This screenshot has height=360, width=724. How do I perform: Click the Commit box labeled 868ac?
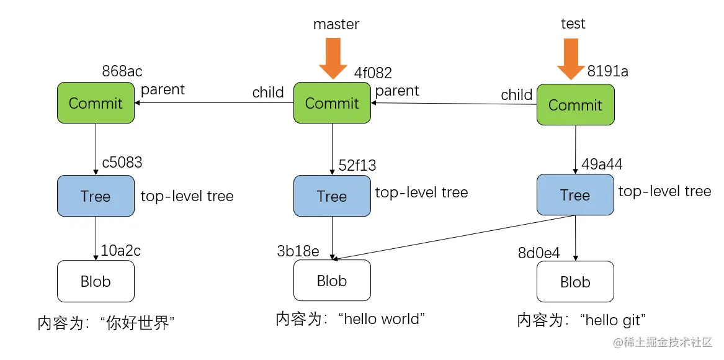[96, 103]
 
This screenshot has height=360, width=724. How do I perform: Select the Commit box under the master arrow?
[332, 103]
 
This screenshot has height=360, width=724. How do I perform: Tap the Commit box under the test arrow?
[575, 105]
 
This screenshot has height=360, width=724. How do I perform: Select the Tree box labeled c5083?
[96, 196]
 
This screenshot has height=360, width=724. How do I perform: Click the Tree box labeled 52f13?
[332, 197]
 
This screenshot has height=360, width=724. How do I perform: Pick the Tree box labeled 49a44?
[575, 196]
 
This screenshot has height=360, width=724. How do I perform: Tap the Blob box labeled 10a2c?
[96, 281]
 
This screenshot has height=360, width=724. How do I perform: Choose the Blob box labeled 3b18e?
[332, 281]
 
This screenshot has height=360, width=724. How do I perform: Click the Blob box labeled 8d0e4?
[575, 282]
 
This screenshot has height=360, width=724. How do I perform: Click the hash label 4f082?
[373, 73]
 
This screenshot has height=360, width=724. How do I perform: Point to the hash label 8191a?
[607, 71]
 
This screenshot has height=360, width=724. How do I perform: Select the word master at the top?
[336, 24]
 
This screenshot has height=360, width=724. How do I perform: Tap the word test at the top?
[573, 24]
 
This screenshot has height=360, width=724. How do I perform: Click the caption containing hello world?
[351, 319]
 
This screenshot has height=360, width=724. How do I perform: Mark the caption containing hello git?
[582, 320]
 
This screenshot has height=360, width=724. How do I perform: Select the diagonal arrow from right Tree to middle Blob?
[453, 237]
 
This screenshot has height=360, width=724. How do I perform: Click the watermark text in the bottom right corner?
[663, 343]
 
